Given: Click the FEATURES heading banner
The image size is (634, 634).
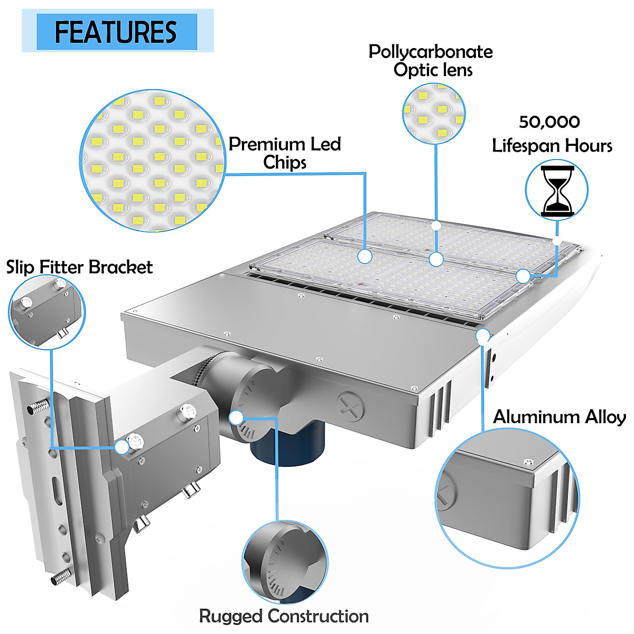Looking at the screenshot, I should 117,31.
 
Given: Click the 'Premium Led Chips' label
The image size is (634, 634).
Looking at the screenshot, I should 285,153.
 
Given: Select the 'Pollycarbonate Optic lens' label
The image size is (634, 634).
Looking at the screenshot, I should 431,61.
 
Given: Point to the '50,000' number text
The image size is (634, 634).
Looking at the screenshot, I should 549,122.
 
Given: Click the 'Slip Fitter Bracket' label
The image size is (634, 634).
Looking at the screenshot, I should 79,267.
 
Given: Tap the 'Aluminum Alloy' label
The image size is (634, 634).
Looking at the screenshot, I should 559,417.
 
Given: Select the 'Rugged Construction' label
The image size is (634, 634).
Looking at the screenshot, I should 284,616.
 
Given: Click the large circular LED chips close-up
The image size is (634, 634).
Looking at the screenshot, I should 152,161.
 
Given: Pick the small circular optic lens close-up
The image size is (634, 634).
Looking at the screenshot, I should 434,114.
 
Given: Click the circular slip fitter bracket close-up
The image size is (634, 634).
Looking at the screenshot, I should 47,312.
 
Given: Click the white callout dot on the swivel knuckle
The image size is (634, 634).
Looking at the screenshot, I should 236,417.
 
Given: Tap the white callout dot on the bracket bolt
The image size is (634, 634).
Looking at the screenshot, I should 123,447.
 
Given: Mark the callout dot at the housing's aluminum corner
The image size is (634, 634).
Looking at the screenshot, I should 482,335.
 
